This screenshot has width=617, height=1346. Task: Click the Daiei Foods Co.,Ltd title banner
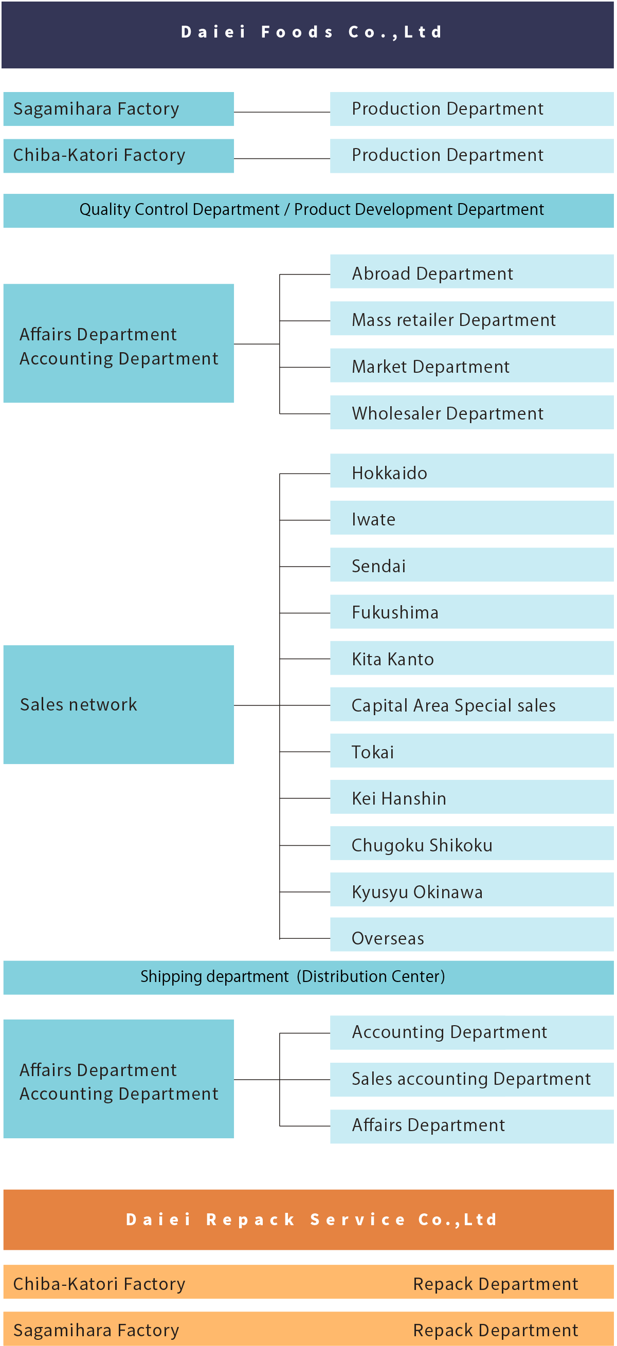click(307, 34)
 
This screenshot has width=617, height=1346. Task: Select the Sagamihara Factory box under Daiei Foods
click(119, 108)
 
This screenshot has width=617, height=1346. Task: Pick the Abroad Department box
click(472, 271)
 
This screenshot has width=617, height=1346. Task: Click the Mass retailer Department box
click(472, 318)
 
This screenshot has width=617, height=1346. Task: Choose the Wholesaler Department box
click(472, 412)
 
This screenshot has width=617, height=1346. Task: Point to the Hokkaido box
click(472, 471)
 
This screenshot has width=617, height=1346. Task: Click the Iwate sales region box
click(472, 518)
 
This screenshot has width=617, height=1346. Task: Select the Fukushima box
click(472, 611)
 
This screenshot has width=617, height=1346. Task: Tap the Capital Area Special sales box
click(472, 704)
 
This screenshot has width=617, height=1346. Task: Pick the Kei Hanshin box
click(472, 797)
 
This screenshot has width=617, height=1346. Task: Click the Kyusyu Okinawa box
click(472, 889)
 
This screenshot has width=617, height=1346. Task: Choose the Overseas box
click(472, 935)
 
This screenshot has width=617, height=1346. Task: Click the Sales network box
click(119, 704)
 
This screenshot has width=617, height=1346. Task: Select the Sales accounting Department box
click(472, 1080)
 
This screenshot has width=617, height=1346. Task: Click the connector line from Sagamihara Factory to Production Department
click(282, 112)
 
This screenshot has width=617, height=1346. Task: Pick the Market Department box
click(472, 365)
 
